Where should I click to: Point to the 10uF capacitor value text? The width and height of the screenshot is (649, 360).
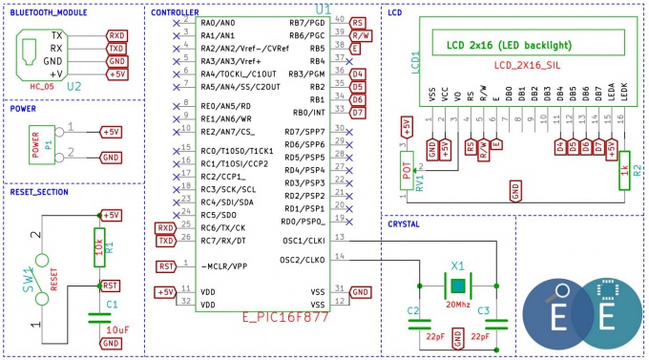tap(117, 328)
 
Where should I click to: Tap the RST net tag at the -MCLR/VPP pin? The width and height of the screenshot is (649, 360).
tap(165, 266)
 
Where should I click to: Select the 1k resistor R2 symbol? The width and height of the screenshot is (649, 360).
tap(625, 168)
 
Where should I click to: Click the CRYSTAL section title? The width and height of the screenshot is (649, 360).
tap(411, 222)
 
